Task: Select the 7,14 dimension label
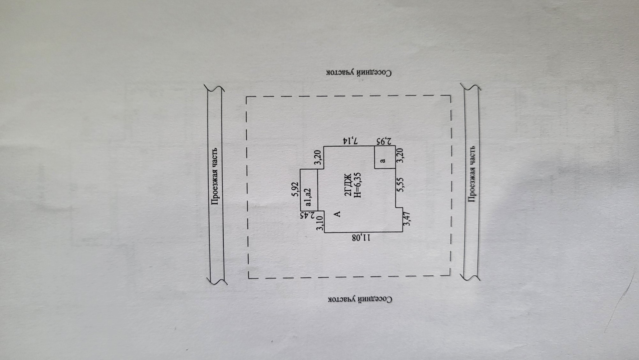(350, 141)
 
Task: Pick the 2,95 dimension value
(383, 141)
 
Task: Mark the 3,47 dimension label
(406, 219)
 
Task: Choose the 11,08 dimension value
(361, 237)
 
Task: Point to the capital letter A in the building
(337, 213)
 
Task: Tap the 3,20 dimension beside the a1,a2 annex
(319, 157)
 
